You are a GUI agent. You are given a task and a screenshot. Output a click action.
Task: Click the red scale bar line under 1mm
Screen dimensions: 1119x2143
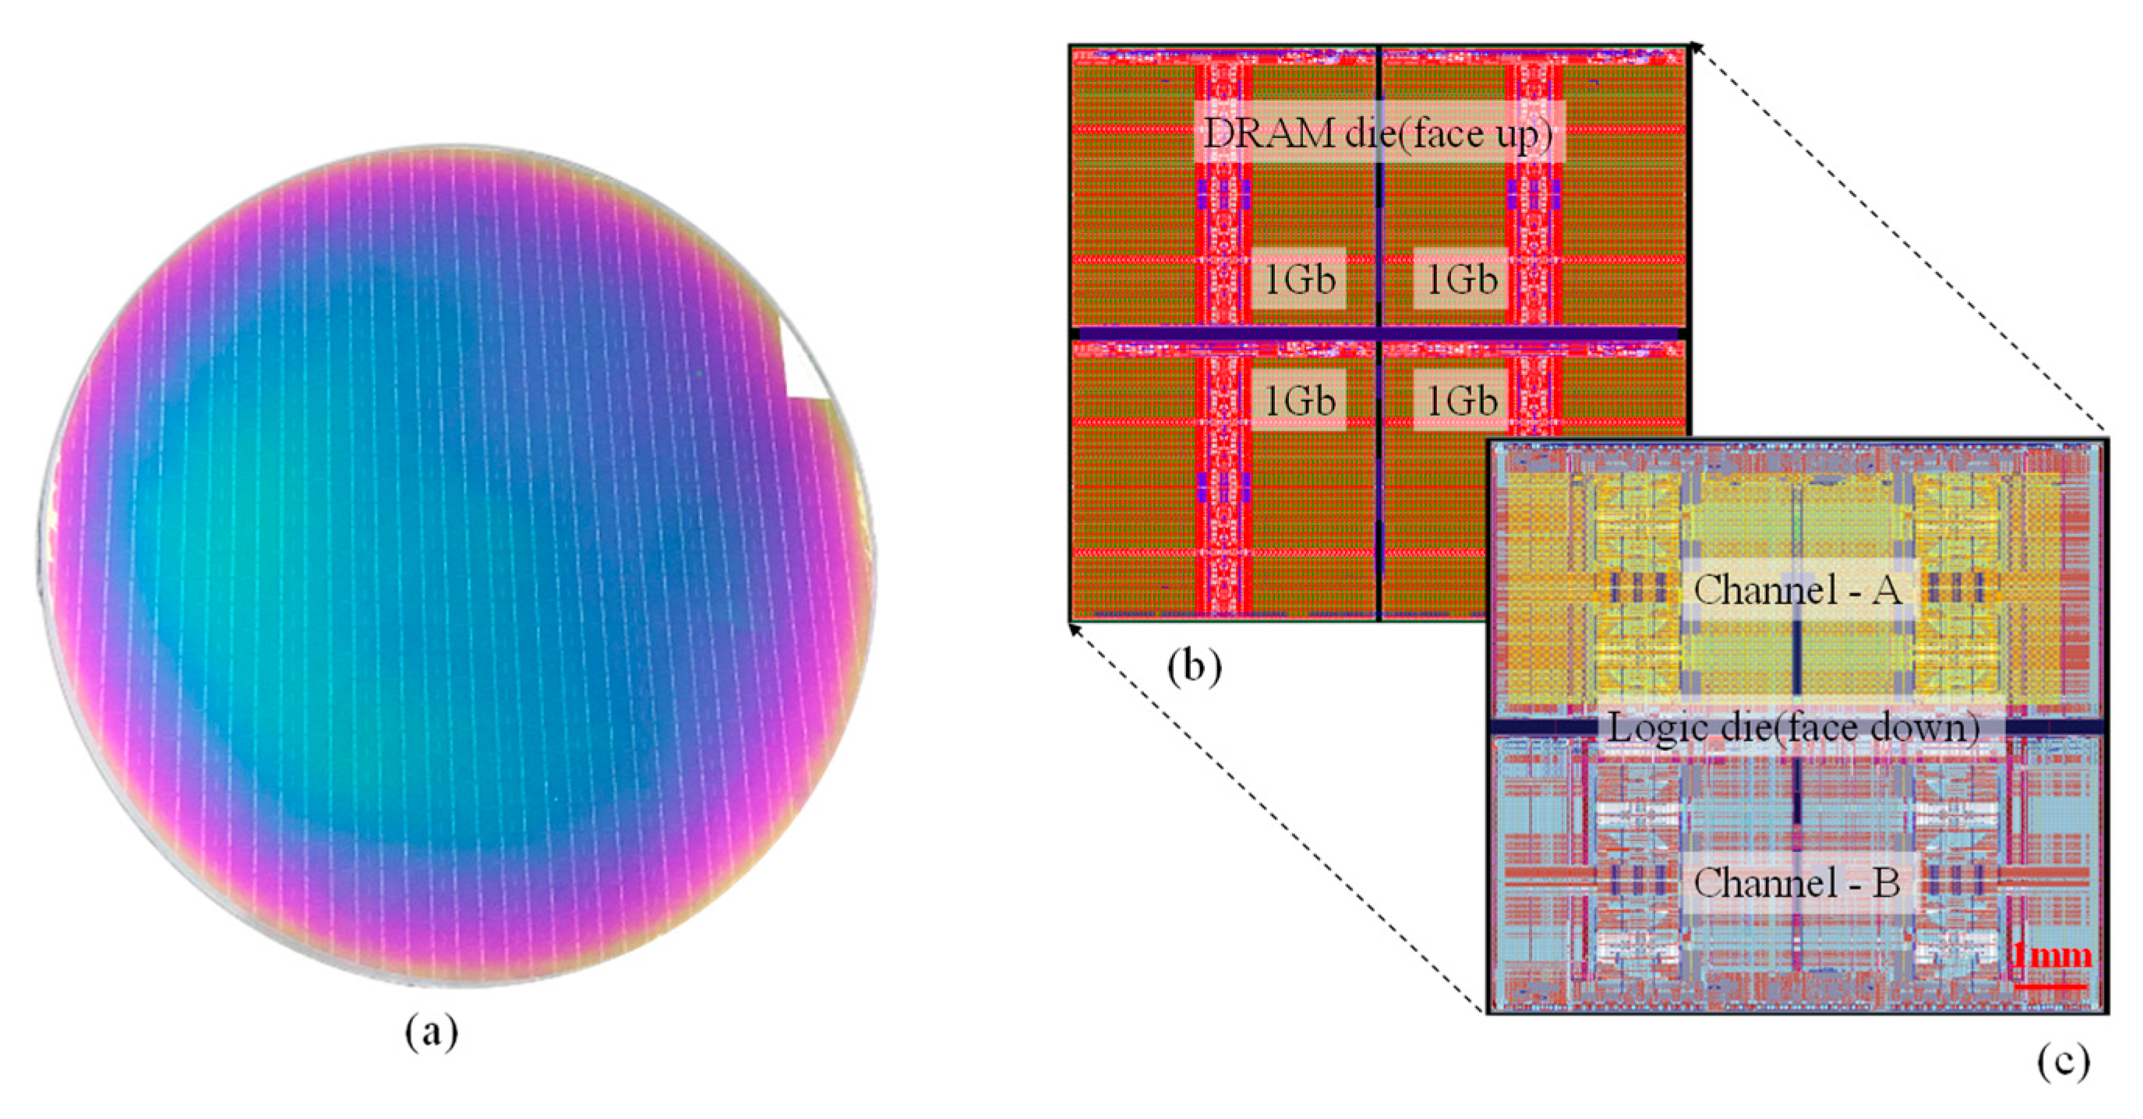[x=2051, y=986]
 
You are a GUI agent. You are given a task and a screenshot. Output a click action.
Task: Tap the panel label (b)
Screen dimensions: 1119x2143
[x=1194, y=666]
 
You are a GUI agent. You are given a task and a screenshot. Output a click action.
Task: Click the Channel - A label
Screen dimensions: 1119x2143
[x=1797, y=591]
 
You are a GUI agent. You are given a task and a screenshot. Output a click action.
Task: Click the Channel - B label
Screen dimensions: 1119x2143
[x=1797, y=883]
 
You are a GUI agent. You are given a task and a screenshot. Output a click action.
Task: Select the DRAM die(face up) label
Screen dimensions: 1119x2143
[x=1379, y=133]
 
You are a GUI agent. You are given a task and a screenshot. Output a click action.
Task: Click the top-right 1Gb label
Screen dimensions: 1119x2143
[x=1462, y=280]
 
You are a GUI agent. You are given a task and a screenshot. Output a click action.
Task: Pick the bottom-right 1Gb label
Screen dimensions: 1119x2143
[x=1462, y=401]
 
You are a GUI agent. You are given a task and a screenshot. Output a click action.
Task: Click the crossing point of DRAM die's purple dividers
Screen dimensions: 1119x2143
[x=1379, y=334]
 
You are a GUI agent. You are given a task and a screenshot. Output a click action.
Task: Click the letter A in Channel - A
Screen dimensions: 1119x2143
[x=1887, y=591]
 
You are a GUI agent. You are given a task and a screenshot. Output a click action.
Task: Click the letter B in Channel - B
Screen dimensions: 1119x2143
[x=1887, y=883]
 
